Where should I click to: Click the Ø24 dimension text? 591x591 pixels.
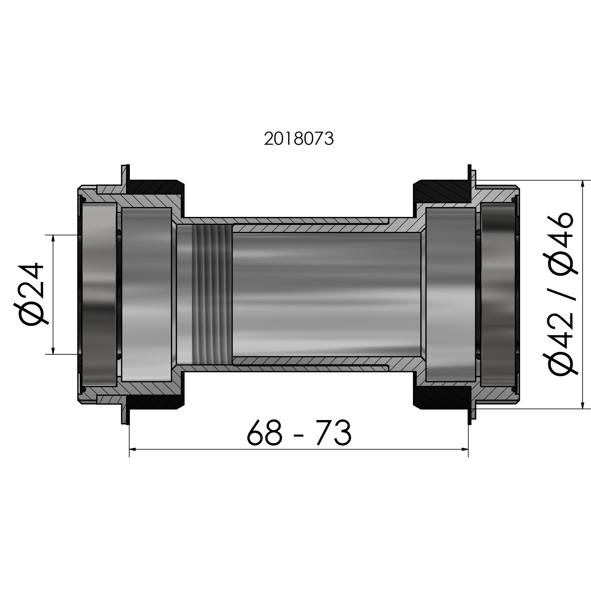(x=31, y=295)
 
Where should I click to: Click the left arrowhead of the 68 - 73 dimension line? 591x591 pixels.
(x=132, y=449)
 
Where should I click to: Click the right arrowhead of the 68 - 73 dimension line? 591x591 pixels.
(x=465, y=449)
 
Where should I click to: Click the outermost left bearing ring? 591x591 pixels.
(x=98, y=295)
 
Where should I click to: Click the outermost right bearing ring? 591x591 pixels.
(x=498, y=295)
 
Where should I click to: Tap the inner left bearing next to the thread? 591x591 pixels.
(x=146, y=295)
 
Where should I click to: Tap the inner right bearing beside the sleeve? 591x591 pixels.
(x=450, y=295)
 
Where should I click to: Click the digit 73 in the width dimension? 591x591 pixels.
(x=334, y=433)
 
